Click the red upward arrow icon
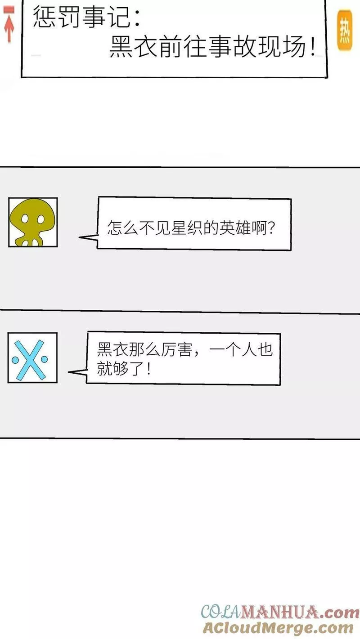pyautogui.click(x=9, y=25)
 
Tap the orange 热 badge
pyautogui.click(x=345, y=30)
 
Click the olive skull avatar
pyautogui.click(x=33, y=222)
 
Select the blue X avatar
pyautogui.click(x=32, y=357)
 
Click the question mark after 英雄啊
pyautogui.click(x=271, y=228)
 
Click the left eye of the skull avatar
pyautogui.click(x=25, y=219)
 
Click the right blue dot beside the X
pyautogui.click(x=44, y=359)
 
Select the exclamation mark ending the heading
pyautogui.click(x=313, y=47)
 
